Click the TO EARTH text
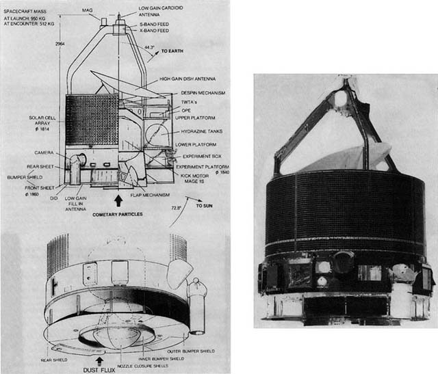[x=172, y=52]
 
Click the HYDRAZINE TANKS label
[x=198, y=131]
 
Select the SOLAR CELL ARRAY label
[x=37, y=122]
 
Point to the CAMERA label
[x=44, y=152]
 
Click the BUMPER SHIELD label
[x=37, y=174]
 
